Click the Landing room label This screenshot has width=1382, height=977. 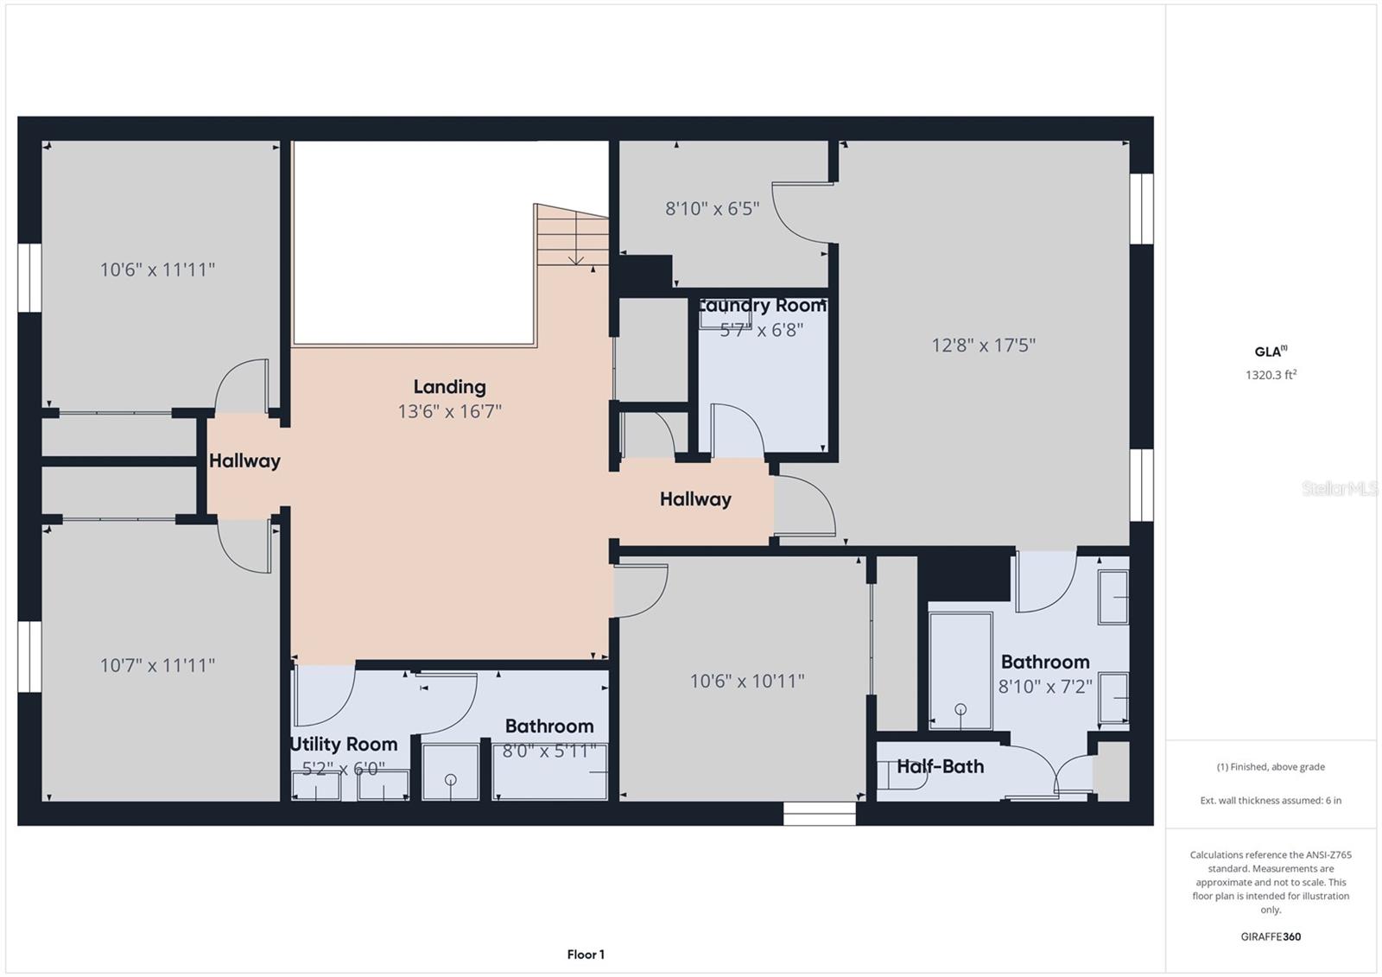(x=449, y=387)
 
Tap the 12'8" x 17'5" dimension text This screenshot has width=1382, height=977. (x=983, y=346)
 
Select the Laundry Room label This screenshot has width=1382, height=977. (x=762, y=306)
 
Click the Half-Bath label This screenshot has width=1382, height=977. (x=940, y=766)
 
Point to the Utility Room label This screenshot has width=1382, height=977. (x=344, y=744)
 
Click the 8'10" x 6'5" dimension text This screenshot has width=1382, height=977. (x=712, y=208)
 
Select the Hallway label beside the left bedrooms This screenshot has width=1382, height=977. (x=244, y=460)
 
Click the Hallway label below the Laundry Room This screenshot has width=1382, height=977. (x=695, y=498)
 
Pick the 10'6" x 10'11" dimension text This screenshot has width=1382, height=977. (x=746, y=681)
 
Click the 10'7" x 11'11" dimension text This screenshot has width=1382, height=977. (x=157, y=665)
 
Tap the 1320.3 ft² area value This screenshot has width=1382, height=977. (x=1271, y=375)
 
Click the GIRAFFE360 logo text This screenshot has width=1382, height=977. (x=1271, y=936)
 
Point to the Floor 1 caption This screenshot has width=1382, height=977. (x=586, y=955)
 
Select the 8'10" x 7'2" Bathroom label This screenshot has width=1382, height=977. (x=1045, y=662)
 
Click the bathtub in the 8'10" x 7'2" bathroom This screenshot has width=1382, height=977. (x=960, y=670)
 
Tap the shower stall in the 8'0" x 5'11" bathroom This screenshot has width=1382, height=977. (x=450, y=771)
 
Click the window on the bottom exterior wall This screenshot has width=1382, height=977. (x=819, y=814)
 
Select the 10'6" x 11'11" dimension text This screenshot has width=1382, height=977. (x=157, y=270)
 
